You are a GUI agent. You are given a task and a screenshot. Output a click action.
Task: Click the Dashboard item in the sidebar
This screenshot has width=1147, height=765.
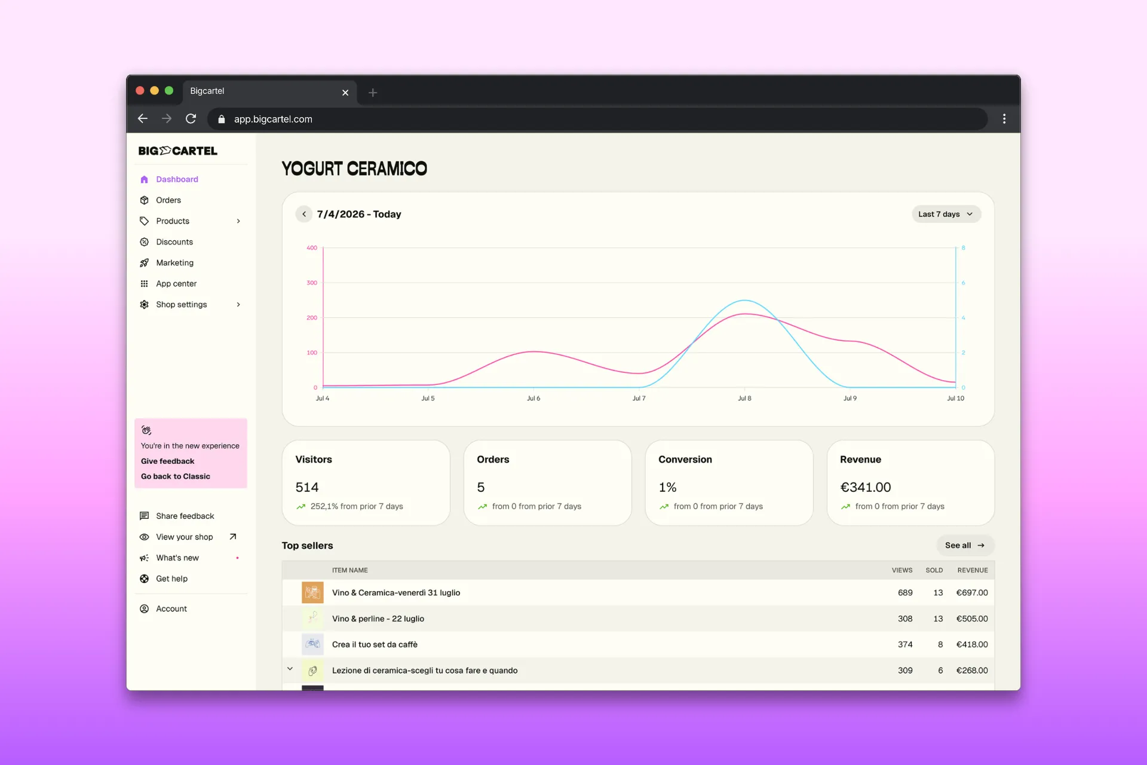click(177, 179)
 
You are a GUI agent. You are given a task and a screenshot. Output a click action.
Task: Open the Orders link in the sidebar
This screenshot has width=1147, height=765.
click(168, 200)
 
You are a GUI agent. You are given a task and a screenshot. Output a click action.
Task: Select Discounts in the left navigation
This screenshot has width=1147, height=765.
click(174, 242)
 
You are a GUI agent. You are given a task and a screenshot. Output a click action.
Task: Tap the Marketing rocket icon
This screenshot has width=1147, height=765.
click(144, 263)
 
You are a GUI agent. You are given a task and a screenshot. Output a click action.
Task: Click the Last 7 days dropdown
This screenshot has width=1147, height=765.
click(946, 214)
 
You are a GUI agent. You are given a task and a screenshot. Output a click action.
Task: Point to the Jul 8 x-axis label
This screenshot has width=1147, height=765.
click(744, 398)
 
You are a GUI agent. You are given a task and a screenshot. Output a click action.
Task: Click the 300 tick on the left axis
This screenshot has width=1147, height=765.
click(312, 283)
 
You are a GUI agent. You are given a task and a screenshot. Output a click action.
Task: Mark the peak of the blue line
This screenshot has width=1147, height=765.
click(744, 300)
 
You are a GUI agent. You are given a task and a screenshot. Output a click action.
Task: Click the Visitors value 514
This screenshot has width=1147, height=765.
click(307, 487)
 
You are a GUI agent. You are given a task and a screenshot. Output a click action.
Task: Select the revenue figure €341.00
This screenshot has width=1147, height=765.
click(865, 487)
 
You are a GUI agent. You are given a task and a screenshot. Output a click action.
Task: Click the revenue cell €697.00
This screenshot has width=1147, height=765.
click(972, 593)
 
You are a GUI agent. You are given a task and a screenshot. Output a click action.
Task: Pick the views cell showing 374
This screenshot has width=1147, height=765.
click(905, 644)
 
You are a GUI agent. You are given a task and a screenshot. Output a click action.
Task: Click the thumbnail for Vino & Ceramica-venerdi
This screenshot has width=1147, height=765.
click(312, 592)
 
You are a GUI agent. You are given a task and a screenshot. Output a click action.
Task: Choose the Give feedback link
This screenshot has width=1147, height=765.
click(167, 461)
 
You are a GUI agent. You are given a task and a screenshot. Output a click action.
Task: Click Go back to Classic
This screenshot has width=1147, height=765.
click(176, 476)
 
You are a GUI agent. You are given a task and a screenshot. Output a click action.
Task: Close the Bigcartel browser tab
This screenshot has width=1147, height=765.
click(345, 93)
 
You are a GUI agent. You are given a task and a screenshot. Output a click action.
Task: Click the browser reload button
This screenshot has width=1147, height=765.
click(191, 119)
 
